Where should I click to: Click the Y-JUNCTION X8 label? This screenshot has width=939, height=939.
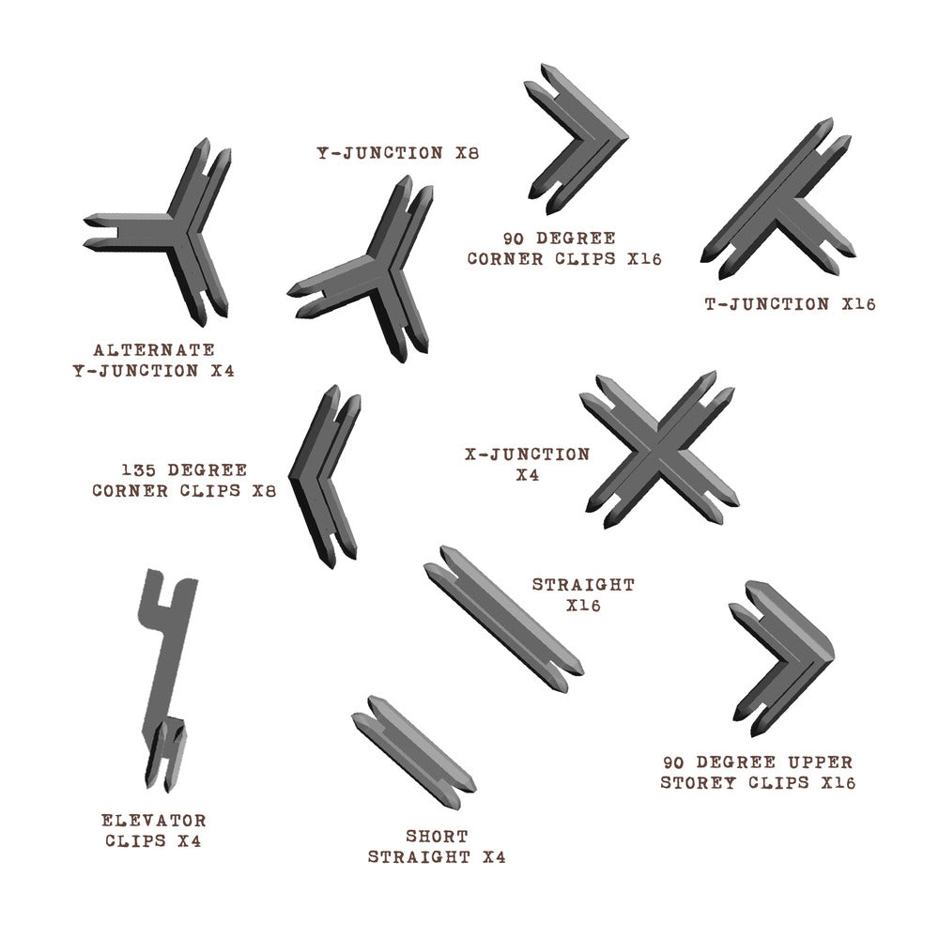pyautogui.click(x=397, y=152)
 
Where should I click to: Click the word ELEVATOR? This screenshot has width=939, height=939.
pyautogui.click(x=156, y=821)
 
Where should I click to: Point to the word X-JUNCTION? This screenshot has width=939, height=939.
pyautogui.click(x=527, y=454)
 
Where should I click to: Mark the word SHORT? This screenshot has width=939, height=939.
pyautogui.click(x=437, y=836)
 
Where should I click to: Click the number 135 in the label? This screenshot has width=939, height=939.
pyautogui.click(x=137, y=469)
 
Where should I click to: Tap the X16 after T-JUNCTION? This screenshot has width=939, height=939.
pyautogui.click(x=858, y=304)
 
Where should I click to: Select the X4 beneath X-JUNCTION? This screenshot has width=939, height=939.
pyautogui.click(x=527, y=475)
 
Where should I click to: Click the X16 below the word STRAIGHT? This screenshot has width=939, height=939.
pyautogui.click(x=583, y=606)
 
